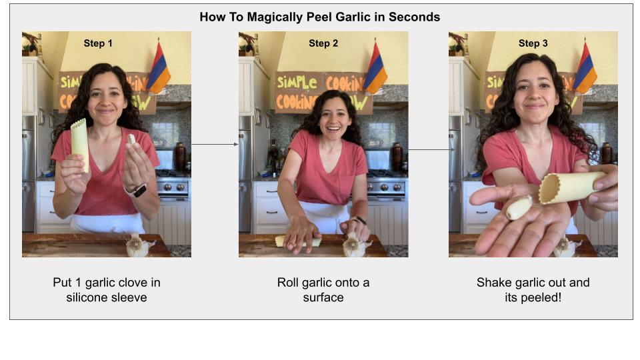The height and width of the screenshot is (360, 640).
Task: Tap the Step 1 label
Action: coord(98,43)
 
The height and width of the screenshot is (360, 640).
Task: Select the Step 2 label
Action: coord(323,43)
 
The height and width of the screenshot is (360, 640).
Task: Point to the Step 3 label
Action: coord(533,43)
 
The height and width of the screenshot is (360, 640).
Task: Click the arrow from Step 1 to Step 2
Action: coord(215,144)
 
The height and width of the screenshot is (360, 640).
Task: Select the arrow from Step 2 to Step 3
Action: coord(432,150)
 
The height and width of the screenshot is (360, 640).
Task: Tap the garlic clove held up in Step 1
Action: coord(131,139)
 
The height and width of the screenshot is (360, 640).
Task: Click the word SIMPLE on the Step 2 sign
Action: coord(297,82)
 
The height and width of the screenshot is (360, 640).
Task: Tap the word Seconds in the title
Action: coord(414,17)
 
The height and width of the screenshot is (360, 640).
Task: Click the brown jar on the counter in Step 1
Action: coord(180,156)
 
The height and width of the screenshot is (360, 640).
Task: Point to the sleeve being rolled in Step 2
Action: coord(297,241)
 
